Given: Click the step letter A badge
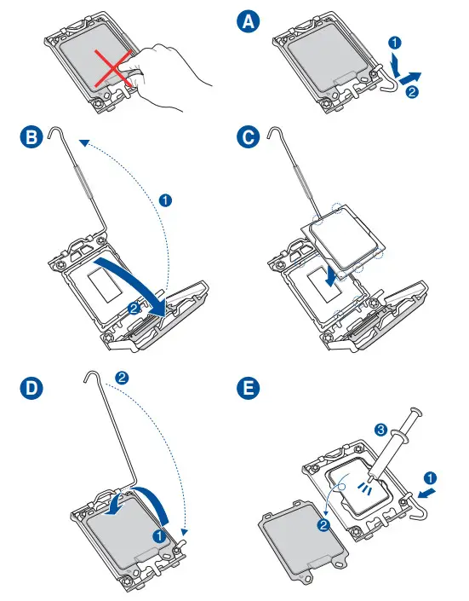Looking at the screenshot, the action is pyautogui.click(x=248, y=21).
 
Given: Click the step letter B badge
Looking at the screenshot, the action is pyautogui.click(x=31, y=137).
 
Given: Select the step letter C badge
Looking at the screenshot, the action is pyautogui.click(x=248, y=137).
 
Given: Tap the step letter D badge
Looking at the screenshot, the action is pyautogui.click(x=31, y=388).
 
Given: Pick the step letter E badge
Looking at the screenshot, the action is pyautogui.click(x=248, y=388).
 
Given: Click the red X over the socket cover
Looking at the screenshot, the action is pyautogui.click(x=114, y=68).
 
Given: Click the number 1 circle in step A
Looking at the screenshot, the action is pyautogui.click(x=395, y=42).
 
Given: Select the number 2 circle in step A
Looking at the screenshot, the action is pyautogui.click(x=412, y=91).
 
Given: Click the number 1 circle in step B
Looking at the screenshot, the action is pyautogui.click(x=165, y=200).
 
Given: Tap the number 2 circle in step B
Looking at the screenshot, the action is pyautogui.click(x=134, y=308).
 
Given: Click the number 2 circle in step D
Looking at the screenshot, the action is pyautogui.click(x=122, y=378).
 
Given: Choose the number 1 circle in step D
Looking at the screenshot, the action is pyautogui.click(x=159, y=536).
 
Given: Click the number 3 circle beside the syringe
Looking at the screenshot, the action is pyautogui.click(x=380, y=430).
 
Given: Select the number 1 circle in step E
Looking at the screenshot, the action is pyautogui.click(x=430, y=478).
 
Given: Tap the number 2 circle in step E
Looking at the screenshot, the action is pyautogui.click(x=323, y=525).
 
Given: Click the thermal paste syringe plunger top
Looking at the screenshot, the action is pyautogui.click(x=415, y=412).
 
